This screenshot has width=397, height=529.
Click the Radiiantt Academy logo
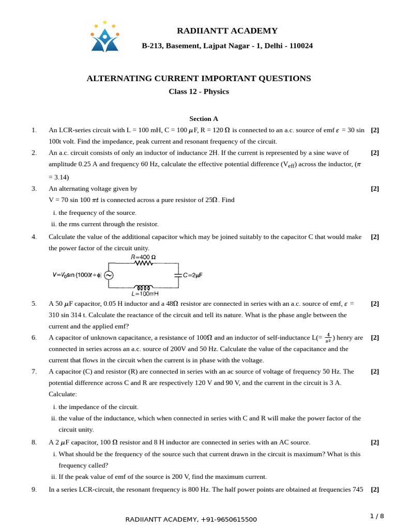point(104,37)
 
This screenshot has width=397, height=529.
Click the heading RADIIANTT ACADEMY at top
point(227,31)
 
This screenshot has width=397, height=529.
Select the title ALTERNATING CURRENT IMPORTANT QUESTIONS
point(198,79)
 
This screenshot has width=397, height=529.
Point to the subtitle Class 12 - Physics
point(198,92)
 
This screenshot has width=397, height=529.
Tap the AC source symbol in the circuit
point(109,275)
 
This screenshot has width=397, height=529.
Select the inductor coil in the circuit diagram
point(143,287)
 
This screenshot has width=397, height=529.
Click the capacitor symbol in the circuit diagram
point(178,275)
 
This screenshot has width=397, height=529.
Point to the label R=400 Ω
point(143,257)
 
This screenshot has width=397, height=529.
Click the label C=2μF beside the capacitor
point(192,276)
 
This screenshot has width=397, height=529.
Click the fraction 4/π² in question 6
point(328,338)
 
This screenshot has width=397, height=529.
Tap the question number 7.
point(34,371)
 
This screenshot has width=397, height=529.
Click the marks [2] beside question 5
point(375,304)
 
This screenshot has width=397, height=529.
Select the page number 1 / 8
point(377,516)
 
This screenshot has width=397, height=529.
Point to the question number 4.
point(34,237)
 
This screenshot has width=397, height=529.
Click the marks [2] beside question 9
point(375,489)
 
